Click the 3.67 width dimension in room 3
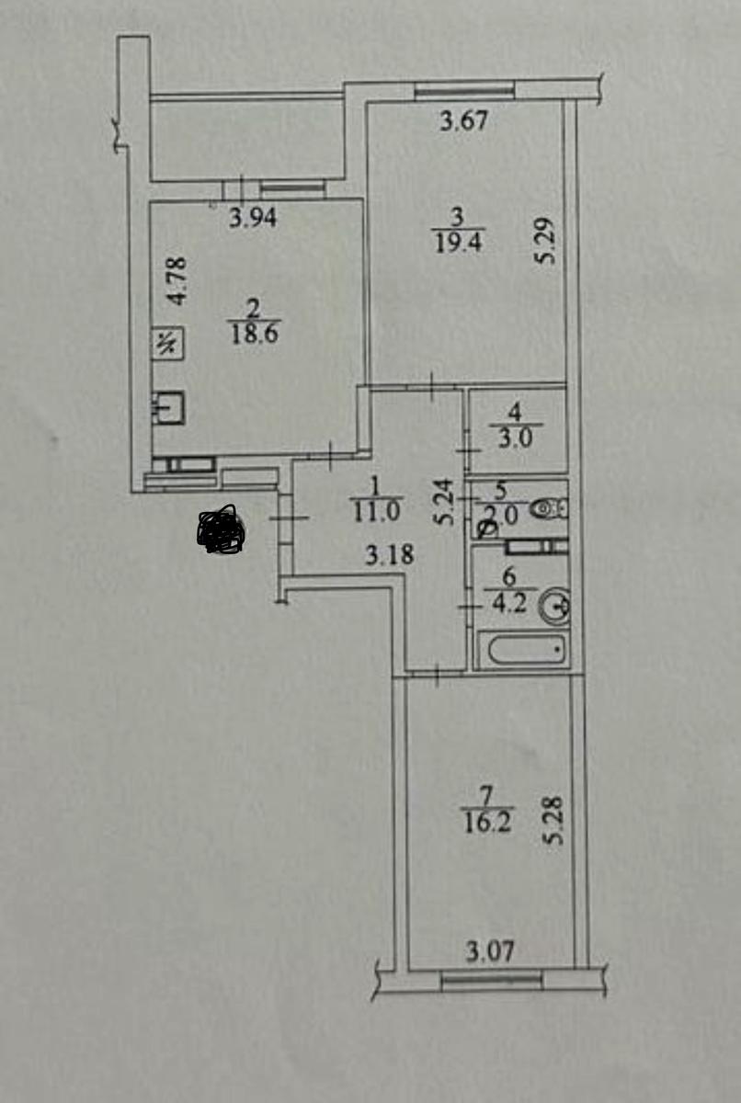[463, 120]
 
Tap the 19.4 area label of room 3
[459, 243]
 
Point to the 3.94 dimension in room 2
[253, 218]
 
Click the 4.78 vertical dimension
[177, 280]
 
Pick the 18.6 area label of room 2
[254, 334]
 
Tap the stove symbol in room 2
[168, 343]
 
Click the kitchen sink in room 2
[168, 408]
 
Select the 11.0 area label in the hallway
[376, 511]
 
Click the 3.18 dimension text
[390, 555]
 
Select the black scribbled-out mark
[221, 529]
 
